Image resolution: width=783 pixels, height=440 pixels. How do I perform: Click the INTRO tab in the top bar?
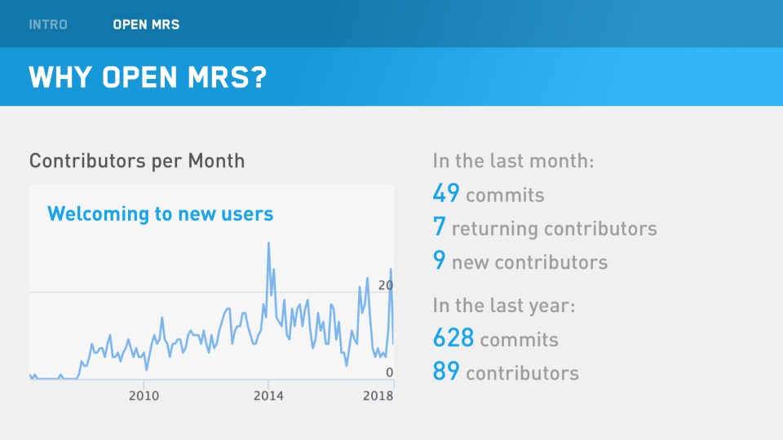coord(48,24)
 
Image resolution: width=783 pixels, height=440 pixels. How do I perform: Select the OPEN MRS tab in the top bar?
coord(146,24)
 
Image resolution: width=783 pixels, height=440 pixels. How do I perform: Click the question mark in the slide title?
coord(258,77)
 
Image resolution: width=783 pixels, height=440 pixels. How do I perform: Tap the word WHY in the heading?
coord(60,77)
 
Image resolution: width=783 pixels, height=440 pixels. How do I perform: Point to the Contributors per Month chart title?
coord(137,161)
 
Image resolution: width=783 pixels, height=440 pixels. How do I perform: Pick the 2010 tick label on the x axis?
coord(144,396)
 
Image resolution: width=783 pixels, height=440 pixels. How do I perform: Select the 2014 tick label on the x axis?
coord(268,396)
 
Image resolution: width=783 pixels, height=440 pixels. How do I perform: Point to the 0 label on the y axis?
coord(389,372)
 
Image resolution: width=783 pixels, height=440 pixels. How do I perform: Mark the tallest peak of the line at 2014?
coord(268,243)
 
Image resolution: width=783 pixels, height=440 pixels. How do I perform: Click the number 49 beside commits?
coord(446,194)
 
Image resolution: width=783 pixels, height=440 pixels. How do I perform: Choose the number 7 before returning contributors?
coord(439,228)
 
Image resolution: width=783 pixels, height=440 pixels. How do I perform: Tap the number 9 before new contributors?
coord(439,262)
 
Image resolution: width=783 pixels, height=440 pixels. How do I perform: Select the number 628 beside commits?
coord(453,338)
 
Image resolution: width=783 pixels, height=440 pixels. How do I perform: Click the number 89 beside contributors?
coord(446,372)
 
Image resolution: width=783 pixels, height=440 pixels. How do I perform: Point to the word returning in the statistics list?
coord(494,229)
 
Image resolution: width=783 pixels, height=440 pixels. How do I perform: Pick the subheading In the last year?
coord(504,306)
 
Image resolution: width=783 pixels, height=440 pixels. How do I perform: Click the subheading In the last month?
coord(513,161)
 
